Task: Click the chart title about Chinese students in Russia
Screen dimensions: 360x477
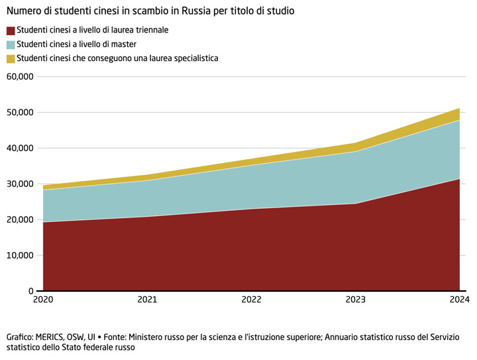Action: click(x=150, y=11)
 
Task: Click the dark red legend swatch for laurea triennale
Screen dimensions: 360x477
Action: click(x=10, y=30)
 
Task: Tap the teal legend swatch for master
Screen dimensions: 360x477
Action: click(x=10, y=44)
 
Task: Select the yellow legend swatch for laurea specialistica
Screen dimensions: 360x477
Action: click(x=10, y=58)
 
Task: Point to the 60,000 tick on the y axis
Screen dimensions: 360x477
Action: click(x=19, y=76)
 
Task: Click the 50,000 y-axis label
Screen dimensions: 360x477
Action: click(x=19, y=112)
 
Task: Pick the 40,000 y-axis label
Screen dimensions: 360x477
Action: click(x=19, y=148)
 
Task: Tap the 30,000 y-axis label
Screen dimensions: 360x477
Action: click(x=19, y=184)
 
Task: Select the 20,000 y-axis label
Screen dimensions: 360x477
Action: click(x=19, y=219)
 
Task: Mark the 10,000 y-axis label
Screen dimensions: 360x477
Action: click(x=19, y=255)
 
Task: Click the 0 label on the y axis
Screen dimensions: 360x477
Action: click(x=30, y=291)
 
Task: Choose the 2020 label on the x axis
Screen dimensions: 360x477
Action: click(x=43, y=300)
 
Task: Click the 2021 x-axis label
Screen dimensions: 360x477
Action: click(x=147, y=300)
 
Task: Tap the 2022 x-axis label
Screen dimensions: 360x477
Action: click(x=252, y=300)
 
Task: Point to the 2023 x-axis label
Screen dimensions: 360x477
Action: click(x=356, y=300)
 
